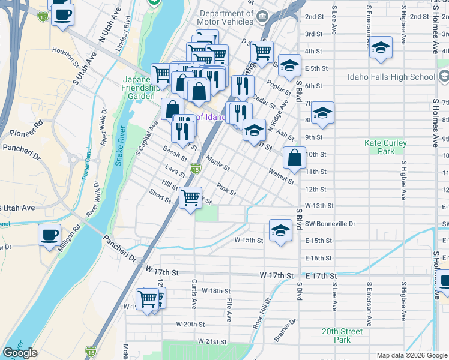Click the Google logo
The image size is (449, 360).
[x=20, y=353]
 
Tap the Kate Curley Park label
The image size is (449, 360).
[x=385, y=148]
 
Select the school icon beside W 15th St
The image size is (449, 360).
[x=280, y=232]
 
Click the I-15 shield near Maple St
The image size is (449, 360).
[x=195, y=170]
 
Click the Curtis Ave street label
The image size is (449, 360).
[x=194, y=293]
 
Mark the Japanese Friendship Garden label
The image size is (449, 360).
[x=140, y=88]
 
